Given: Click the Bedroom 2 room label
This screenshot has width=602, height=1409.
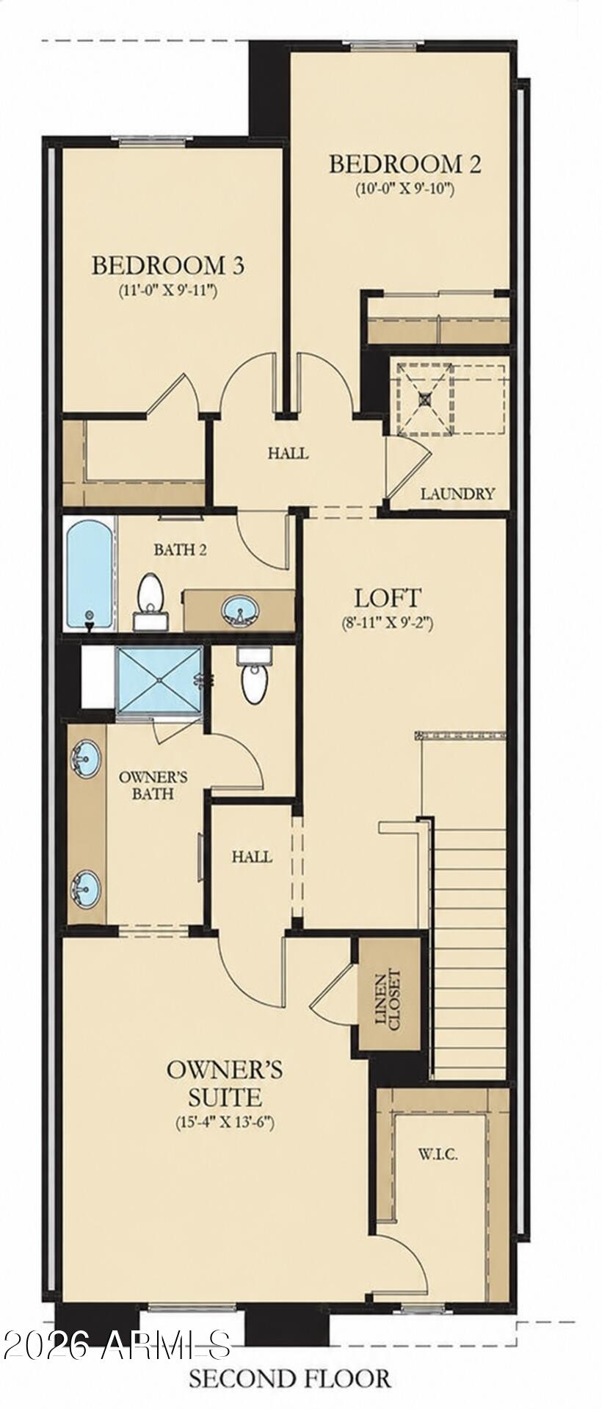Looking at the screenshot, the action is click(405, 163).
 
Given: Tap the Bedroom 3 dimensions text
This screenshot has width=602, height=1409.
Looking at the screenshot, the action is click(168, 289).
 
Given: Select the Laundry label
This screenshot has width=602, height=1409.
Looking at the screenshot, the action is click(457, 494).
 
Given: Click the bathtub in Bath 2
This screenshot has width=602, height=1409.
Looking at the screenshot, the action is click(91, 574).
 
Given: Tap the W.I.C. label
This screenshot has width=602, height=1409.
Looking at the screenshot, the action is click(438, 1155).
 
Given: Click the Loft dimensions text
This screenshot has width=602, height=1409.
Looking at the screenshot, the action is click(388, 623).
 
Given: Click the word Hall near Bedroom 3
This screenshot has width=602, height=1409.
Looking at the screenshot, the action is click(288, 453).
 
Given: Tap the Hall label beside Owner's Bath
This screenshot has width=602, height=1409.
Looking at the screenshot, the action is click(252, 856).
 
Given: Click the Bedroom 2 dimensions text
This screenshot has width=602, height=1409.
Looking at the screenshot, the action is click(406, 188).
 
